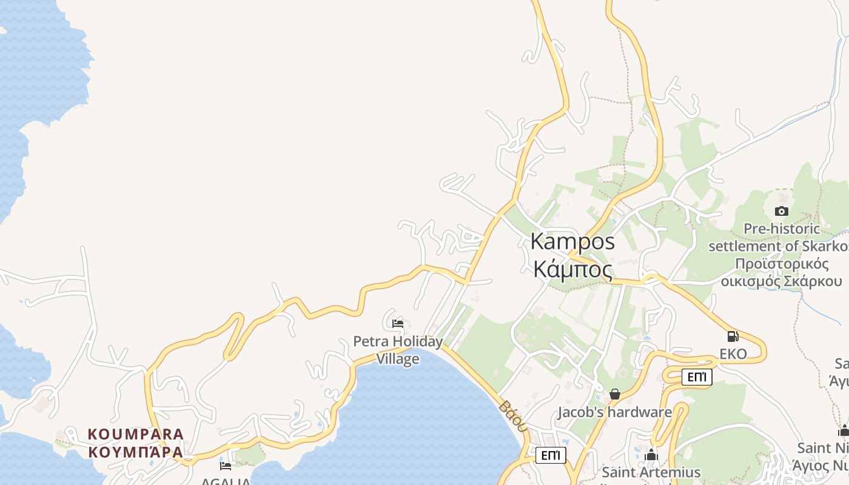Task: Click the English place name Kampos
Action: pyautogui.click(x=572, y=241)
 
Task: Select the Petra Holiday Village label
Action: pyautogui.click(x=398, y=350)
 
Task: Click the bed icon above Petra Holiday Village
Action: pyautogui.click(x=398, y=323)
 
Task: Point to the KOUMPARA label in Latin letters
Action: pyautogui.click(x=136, y=434)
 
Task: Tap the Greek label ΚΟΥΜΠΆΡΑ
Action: pyautogui.click(x=136, y=452)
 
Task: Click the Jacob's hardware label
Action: pyautogui.click(x=614, y=412)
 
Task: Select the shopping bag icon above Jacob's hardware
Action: pyautogui.click(x=615, y=395)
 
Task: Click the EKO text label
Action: pyautogui.click(x=733, y=353)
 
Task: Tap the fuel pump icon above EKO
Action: pyautogui.click(x=733, y=336)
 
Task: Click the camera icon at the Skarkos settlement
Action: pyautogui.click(x=782, y=211)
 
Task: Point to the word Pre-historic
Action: pyautogui.click(x=782, y=229)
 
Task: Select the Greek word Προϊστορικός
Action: pyautogui.click(x=782, y=264)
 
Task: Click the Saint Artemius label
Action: pyautogui.click(x=651, y=472)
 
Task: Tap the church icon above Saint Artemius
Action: pyautogui.click(x=652, y=455)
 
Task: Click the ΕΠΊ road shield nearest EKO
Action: pyautogui.click(x=696, y=377)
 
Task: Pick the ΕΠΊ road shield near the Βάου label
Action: pyautogui.click(x=551, y=455)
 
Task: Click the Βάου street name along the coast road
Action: pyautogui.click(x=512, y=415)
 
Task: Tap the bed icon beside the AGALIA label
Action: pyautogui.click(x=226, y=466)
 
